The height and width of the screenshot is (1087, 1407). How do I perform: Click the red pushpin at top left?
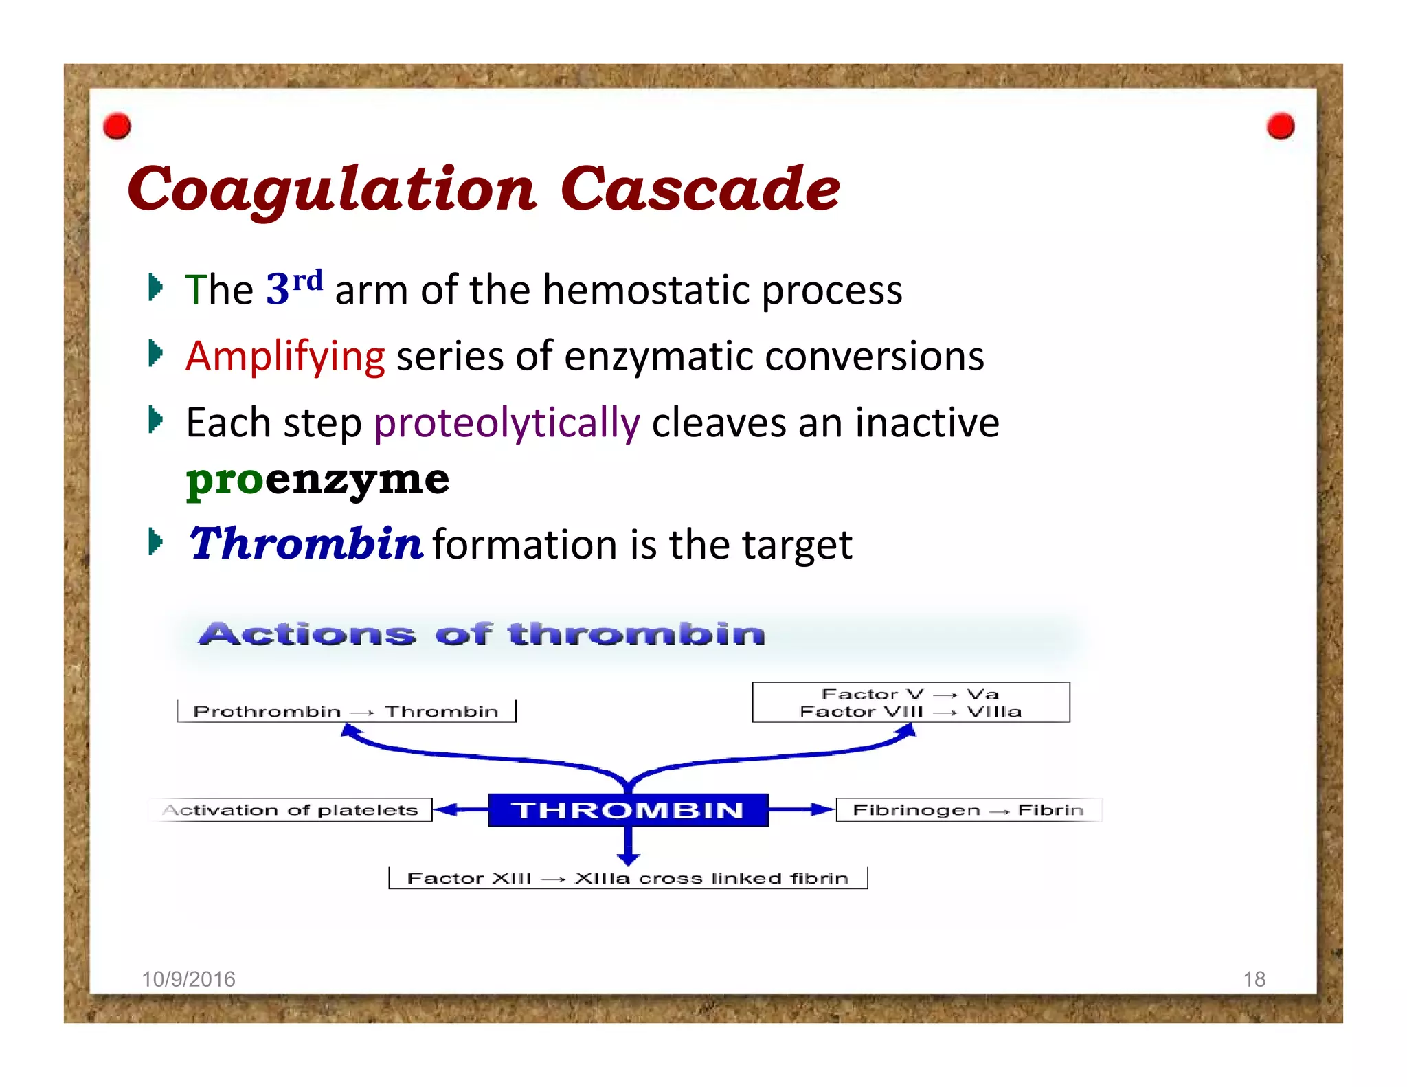[x=117, y=126]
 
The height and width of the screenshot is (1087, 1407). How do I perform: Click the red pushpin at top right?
[x=1280, y=126]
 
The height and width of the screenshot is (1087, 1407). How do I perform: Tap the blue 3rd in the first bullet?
[x=293, y=287]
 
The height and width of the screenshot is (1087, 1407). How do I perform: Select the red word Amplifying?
[x=284, y=357]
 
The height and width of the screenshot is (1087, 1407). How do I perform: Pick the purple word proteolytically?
[x=507, y=423]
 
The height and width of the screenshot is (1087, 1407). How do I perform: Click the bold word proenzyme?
[x=317, y=479]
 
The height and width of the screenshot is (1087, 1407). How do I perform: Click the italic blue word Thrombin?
[x=306, y=543]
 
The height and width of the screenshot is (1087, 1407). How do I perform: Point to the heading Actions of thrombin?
[x=482, y=634]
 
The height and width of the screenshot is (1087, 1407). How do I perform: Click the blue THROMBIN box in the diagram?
[x=628, y=810]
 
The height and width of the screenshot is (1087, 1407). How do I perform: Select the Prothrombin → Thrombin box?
[x=346, y=711]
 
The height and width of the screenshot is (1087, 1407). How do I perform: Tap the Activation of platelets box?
[x=291, y=810]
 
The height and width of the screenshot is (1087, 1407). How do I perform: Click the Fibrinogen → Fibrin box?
[x=968, y=810]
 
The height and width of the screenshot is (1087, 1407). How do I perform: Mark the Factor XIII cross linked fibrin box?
[x=627, y=878]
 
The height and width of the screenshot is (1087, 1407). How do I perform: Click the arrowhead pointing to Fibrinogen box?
[x=822, y=809]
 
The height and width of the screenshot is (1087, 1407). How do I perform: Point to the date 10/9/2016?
[x=188, y=979]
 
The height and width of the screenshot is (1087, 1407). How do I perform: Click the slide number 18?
[x=1254, y=979]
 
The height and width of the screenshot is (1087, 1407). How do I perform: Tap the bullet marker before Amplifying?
[x=155, y=355]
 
